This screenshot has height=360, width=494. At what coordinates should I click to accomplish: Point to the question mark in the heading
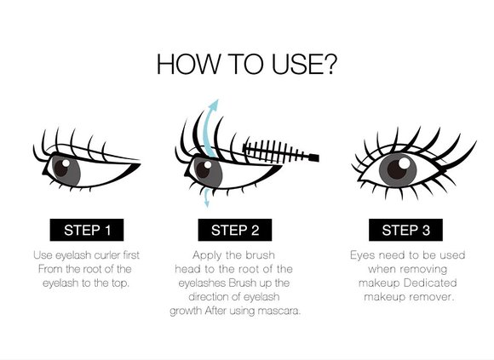(329, 65)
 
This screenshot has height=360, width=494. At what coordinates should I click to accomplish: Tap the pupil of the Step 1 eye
(62, 168)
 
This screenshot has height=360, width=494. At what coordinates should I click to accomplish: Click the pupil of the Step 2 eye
(204, 169)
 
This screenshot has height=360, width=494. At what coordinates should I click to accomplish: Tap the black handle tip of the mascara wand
(313, 157)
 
